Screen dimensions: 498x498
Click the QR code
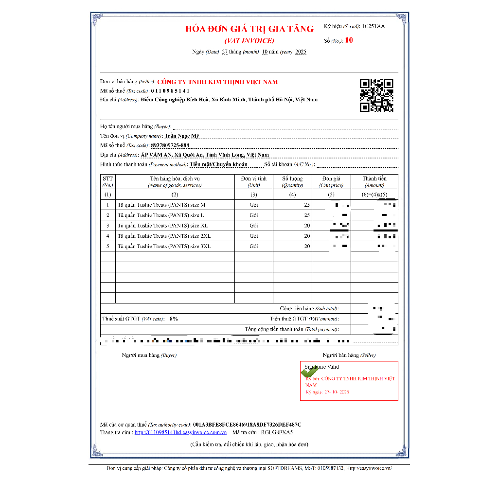click(376, 95)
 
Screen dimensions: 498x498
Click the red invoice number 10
click(349, 40)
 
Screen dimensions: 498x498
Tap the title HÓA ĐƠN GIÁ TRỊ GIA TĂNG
click(249, 29)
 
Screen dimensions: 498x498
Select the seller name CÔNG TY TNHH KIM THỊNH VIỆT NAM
click(217, 82)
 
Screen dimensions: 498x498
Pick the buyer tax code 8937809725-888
click(170, 145)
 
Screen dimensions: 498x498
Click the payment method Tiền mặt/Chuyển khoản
click(218, 164)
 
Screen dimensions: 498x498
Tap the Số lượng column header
click(292, 179)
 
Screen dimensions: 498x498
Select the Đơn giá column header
click(331, 179)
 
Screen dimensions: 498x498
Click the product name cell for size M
click(161, 205)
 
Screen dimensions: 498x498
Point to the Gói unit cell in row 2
click(253, 215)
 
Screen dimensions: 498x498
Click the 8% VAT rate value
click(174, 319)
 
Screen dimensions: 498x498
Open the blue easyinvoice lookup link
click(181, 432)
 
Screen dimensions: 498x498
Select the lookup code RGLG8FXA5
click(277, 432)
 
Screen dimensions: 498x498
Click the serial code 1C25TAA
click(373, 26)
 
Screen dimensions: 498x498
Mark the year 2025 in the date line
click(301, 52)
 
